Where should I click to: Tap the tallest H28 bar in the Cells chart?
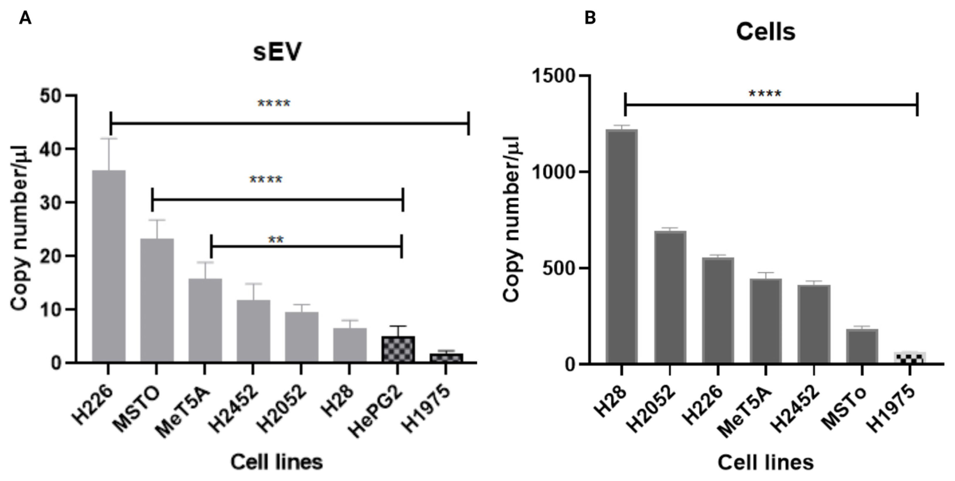(x=622, y=246)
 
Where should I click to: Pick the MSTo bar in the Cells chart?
(x=862, y=346)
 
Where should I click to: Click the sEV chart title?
(x=277, y=52)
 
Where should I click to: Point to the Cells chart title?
(x=766, y=32)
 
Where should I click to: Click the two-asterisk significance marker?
(x=276, y=240)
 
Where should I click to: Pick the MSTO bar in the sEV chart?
(x=157, y=300)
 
